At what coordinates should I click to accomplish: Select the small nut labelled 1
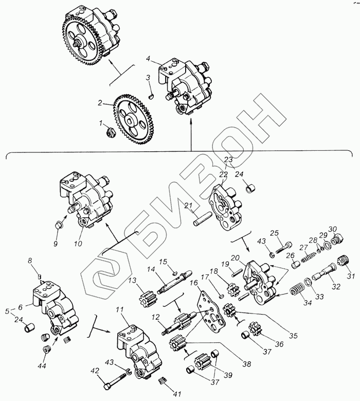coord(110,133)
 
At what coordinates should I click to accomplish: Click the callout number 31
coord(351,277)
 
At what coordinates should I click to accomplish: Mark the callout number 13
coord(132,280)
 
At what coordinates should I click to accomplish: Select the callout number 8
coord(38,260)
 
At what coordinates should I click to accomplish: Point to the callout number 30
coord(332,229)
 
